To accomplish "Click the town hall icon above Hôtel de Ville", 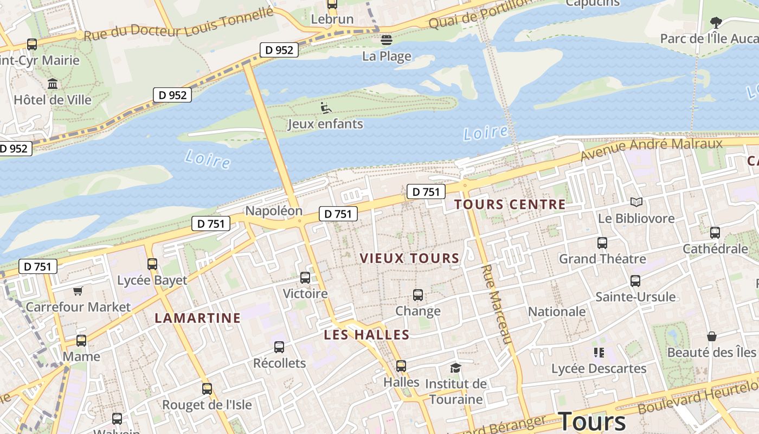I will click(53, 84).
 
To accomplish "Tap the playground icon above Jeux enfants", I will click(325, 108).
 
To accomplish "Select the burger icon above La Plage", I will click(386, 40).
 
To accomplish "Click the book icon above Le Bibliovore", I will click(636, 202).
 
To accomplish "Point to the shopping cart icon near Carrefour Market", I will click(78, 291).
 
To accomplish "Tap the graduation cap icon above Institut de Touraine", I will click(455, 368).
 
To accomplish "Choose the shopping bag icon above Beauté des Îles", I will click(711, 336).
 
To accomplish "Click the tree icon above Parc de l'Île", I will click(716, 23).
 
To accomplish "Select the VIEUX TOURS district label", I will click(409, 258).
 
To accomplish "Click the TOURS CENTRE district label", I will click(510, 205).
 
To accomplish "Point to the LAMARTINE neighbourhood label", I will click(197, 318).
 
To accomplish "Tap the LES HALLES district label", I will click(366, 335).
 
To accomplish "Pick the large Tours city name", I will click(592, 421).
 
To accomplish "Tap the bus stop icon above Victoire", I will click(305, 278).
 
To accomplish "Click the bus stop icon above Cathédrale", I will click(715, 233).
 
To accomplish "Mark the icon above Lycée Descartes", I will click(599, 353).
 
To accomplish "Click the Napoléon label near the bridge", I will click(274, 210).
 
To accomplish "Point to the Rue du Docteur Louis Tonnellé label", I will click(178, 25).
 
